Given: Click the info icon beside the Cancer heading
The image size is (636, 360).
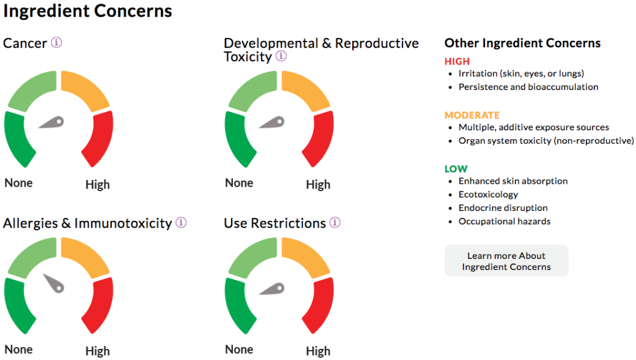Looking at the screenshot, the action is point(57,42).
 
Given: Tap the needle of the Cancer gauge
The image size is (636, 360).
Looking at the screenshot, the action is point(52,122).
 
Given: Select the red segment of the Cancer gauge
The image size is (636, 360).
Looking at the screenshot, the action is point(98,138).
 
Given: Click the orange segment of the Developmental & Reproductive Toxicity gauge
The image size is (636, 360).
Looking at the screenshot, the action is point(305,90).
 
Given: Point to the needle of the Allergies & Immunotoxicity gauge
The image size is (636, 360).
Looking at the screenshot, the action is point(55,283).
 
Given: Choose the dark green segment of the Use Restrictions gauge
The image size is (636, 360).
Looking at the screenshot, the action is point(239,305).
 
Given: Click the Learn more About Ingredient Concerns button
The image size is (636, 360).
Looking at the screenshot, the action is point(506,261).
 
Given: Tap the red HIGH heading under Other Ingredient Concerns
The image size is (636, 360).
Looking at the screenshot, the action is point(457,61).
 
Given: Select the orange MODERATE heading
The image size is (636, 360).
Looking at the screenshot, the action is point(472,115).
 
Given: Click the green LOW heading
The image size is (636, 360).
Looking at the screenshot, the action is point(456,169).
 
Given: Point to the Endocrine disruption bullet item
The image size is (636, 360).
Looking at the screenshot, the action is point(503,208).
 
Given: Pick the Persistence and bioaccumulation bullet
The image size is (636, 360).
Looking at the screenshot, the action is point(528,87).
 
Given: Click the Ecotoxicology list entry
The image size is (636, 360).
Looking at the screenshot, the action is point(488,195).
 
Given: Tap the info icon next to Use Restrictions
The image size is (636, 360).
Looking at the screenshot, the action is point(335,222).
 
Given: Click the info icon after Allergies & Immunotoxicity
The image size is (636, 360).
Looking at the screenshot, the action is point(181,222).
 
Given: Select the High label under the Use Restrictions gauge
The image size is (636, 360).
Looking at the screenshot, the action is point(318,351).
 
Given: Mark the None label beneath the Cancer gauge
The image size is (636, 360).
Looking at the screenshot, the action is point(19,183).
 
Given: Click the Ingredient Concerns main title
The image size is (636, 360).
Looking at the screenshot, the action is point(88,11).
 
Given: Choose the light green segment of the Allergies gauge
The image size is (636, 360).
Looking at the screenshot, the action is point(32,257).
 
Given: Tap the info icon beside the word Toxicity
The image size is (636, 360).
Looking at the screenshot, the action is point(281,56).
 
